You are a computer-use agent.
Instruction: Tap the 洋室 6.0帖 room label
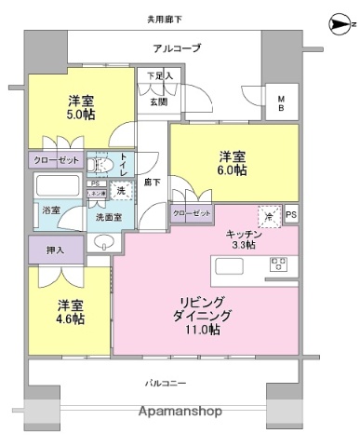click(x=233, y=162)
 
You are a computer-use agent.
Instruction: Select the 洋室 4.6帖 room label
click(x=70, y=312)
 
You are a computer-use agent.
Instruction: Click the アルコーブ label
click(x=177, y=47)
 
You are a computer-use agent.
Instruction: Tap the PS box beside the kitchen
click(x=291, y=213)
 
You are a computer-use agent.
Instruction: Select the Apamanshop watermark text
click(x=180, y=412)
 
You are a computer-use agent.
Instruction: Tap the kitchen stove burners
click(x=277, y=267)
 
